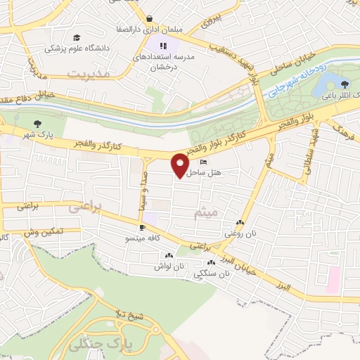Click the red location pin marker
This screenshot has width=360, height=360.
[x=180, y=165]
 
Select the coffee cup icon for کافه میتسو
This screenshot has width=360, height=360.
[x=142, y=228]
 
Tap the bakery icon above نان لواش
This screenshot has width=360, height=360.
[x=168, y=256]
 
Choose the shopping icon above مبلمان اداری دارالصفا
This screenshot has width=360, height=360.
[x=150, y=19]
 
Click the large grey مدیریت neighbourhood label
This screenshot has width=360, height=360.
[x=89, y=73]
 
